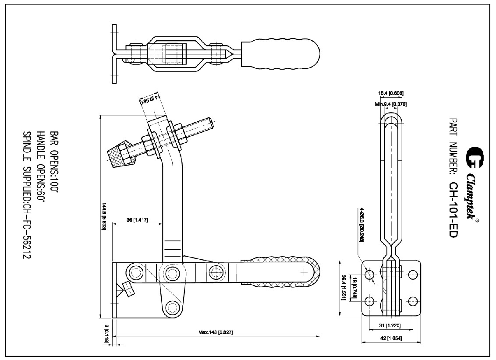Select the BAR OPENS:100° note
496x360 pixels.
pyautogui.click(x=54, y=162)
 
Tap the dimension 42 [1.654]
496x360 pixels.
pyautogui.click(x=392, y=339)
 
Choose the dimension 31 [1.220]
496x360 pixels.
pyautogui.click(x=391, y=325)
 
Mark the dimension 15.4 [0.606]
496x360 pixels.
pyautogui.click(x=391, y=93)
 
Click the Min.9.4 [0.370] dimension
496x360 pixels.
pyautogui.click(x=391, y=104)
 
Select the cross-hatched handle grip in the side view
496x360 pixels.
pyautogui.click(x=280, y=272)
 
